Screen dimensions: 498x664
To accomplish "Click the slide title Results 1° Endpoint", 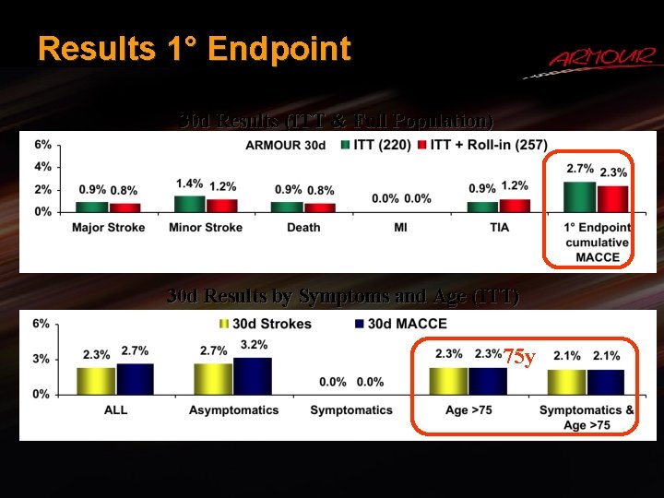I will point(195,48).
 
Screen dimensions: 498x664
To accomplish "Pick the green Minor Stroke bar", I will point(189,204).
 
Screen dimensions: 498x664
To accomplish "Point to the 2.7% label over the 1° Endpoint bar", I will point(579,169).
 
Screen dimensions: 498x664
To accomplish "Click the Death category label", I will point(303,227).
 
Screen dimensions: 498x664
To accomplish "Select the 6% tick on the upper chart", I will point(42,145).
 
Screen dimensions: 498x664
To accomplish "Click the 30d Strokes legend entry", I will point(266,324).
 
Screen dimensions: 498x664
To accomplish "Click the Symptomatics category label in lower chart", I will point(351,409).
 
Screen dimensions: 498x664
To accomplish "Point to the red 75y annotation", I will point(518,356).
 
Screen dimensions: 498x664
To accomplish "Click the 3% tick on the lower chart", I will point(42,359).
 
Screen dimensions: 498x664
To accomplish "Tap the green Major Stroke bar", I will point(91,207).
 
